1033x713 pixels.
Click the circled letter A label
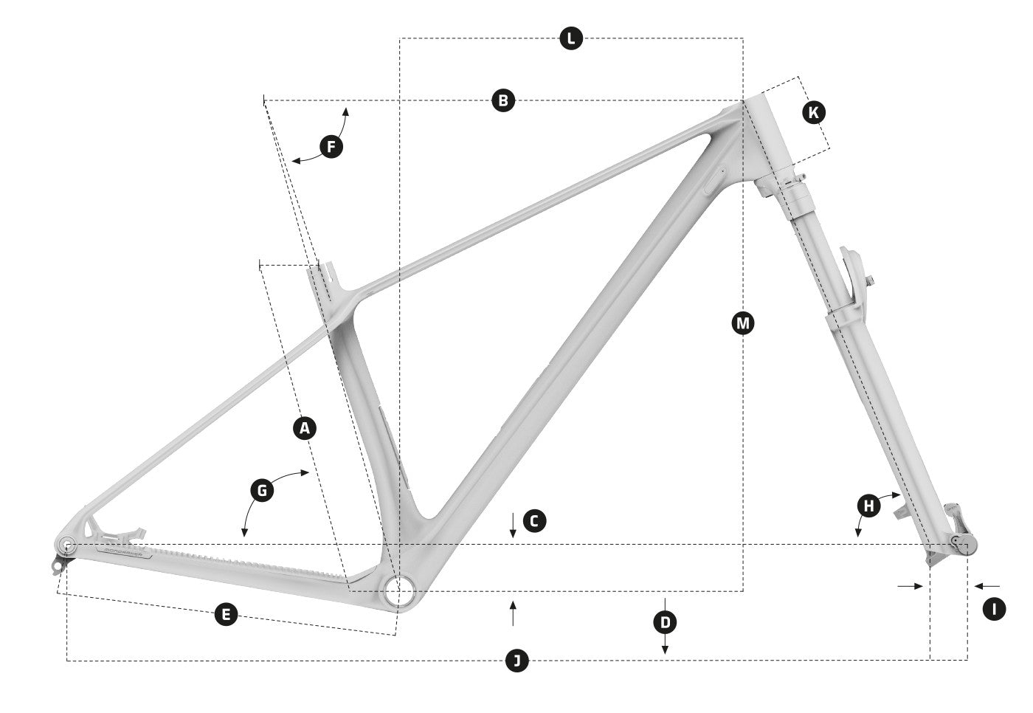(x=305, y=427)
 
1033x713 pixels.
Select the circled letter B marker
(x=503, y=100)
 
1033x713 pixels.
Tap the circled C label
(x=534, y=521)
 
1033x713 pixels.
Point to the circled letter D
(x=665, y=622)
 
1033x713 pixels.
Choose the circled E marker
(x=226, y=614)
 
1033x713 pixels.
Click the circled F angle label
(x=331, y=147)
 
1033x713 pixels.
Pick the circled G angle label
(x=262, y=489)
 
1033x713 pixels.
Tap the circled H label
(x=869, y=506)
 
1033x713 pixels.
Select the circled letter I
(x=994, y=609)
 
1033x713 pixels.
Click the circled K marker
(x=813, y=112)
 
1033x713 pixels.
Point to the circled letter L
(x=570, y=38)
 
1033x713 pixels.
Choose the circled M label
(x=742, y=323)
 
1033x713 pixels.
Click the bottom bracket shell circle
(x=399, y=590)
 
